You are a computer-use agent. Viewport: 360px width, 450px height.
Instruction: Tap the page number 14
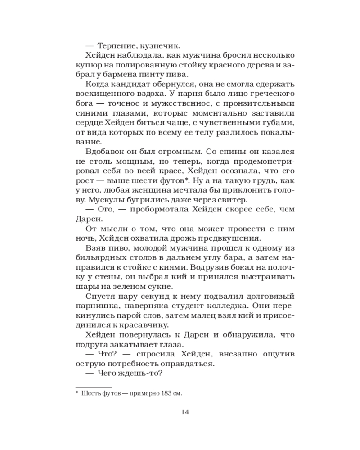pos(184,412)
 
